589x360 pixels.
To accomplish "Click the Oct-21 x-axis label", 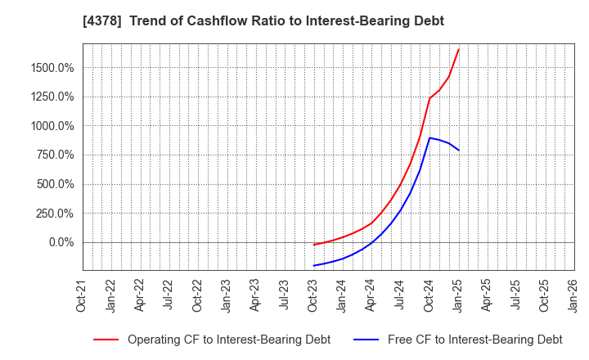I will [x=82, y=295].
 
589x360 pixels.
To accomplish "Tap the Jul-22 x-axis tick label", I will [x=169, y=295].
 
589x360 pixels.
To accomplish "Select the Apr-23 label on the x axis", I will [x=255, y=295].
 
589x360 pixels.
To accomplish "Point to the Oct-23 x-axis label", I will [x=313, y=295].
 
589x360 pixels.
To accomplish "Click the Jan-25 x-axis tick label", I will [x=458, y=295].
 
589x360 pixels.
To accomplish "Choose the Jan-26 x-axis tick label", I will [x=574, y=295].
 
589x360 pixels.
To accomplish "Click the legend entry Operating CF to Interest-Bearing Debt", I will [x=228, y=340].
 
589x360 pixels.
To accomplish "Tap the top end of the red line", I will [x=459, y=49].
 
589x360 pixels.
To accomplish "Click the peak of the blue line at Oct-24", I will [x=429, y=137].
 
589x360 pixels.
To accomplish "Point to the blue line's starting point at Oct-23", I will [x=313, y=265].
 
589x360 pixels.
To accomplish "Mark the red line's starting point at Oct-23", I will [x=313, y=245].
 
